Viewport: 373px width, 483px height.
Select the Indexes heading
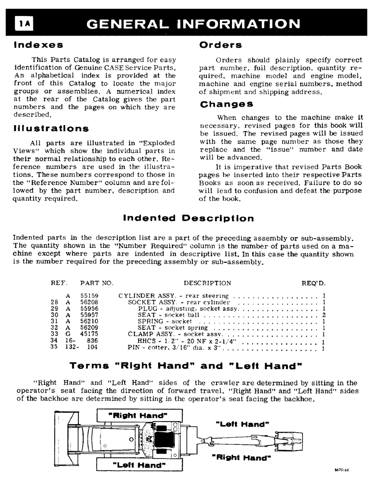(38, 45)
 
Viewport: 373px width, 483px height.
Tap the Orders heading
(220, 45)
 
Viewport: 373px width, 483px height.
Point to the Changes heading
(226, 104)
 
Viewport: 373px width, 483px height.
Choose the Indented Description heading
(188, 218)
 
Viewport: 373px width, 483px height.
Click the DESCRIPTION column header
(207, 283)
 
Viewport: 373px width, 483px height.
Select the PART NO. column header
(96, 283)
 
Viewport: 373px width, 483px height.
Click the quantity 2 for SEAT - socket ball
(323, 314)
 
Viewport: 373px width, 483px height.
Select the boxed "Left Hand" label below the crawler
(138, 465)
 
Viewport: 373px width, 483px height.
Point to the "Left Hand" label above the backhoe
(244, 424)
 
